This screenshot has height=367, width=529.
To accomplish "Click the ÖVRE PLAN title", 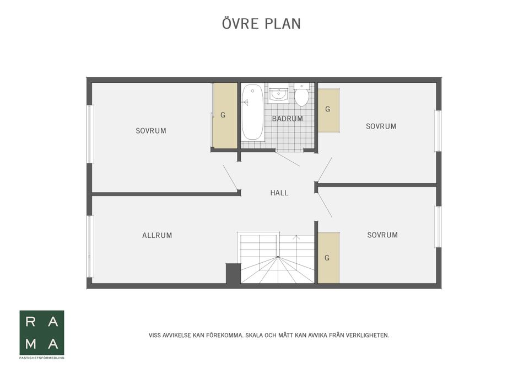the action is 261,23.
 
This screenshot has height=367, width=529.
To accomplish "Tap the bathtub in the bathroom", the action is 252,112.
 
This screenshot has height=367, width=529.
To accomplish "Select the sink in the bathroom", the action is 278,94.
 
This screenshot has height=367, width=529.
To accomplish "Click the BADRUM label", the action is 288,119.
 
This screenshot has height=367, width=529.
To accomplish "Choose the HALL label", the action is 279,193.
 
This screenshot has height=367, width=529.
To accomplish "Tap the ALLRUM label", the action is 157,235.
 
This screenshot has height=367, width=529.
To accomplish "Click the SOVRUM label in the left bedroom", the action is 151,131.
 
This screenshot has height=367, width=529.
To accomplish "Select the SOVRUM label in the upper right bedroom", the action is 381,126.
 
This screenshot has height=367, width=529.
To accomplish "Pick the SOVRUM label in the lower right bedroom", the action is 382,235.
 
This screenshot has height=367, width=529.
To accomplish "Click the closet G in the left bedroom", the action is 225,115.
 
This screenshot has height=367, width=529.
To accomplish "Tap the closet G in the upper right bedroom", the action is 328,110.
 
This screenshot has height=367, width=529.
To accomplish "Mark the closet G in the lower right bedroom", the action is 328,258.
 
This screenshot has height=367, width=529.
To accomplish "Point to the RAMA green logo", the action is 42,333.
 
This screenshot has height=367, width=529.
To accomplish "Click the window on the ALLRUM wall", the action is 90,247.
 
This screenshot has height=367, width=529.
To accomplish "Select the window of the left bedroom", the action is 90,134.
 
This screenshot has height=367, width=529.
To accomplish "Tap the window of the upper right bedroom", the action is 438,131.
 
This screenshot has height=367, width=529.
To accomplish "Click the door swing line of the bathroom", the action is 288,159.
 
